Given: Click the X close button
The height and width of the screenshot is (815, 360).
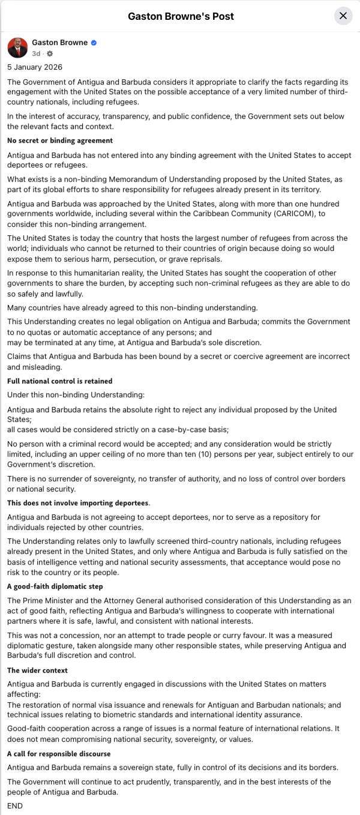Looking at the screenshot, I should click(x=343, y=16).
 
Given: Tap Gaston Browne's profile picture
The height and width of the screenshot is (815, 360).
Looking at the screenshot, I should click(x=17, y=47).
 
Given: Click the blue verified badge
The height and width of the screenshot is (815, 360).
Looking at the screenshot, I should click(x=94, y=43).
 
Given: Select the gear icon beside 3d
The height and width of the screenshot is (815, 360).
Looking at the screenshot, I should click(x=50, y=53).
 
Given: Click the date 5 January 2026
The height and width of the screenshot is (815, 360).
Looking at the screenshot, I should click(x=35, y=67).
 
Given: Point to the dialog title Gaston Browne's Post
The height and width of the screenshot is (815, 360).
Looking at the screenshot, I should click(x=181, y=16).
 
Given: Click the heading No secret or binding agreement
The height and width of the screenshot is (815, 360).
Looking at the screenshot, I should click(x=60, y=140).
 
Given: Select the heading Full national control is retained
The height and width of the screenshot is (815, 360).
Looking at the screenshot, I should click(x=60, y=381).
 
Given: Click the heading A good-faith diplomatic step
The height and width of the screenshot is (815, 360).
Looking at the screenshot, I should click(x=55, y=586).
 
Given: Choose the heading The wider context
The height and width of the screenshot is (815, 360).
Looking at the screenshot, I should click(x=38, y=670).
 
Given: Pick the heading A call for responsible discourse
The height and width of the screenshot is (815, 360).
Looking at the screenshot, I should click(x=59, y=754).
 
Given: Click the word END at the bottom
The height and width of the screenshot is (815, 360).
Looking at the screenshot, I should click(x=15, y=806).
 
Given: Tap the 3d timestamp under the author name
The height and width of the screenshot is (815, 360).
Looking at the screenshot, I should click(x=36, y=53).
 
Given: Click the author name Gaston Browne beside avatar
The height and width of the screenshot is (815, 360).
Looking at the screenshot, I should click(x=60, y=43).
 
